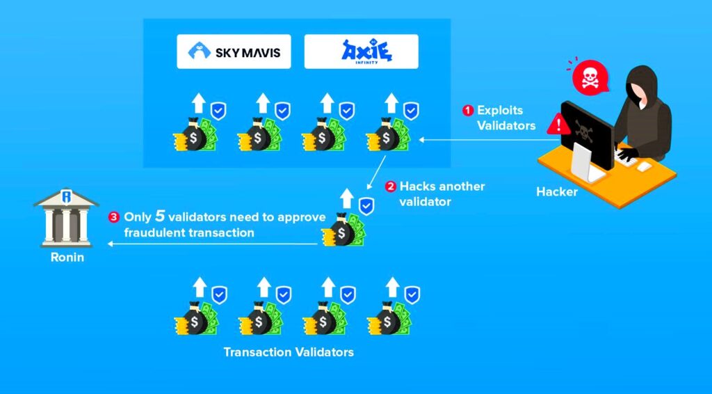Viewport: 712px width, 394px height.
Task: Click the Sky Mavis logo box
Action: coord(234,52)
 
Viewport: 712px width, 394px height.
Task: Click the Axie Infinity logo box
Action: coord(361,52)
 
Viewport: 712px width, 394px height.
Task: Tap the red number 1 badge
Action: coord(468,111)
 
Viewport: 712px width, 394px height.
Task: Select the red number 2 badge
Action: coord(391,187)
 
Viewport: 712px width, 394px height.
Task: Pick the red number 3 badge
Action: coord(113,217)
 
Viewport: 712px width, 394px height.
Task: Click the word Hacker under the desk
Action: coord(557,191)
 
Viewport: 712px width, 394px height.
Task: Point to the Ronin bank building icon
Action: coord(66,218)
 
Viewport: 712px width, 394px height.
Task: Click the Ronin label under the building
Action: coord(67,257)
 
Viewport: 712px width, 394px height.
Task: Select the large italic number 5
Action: coord(160,216)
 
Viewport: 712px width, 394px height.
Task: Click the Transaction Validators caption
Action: coord(289,352)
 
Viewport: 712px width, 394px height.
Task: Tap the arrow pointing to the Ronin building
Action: coord(213,244)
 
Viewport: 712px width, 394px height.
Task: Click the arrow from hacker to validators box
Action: coord(489,140)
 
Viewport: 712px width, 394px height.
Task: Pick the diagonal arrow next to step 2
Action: coord(376,172)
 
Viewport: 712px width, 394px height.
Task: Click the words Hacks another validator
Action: coord(442,194)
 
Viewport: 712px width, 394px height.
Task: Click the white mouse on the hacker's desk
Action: coord(645,167)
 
